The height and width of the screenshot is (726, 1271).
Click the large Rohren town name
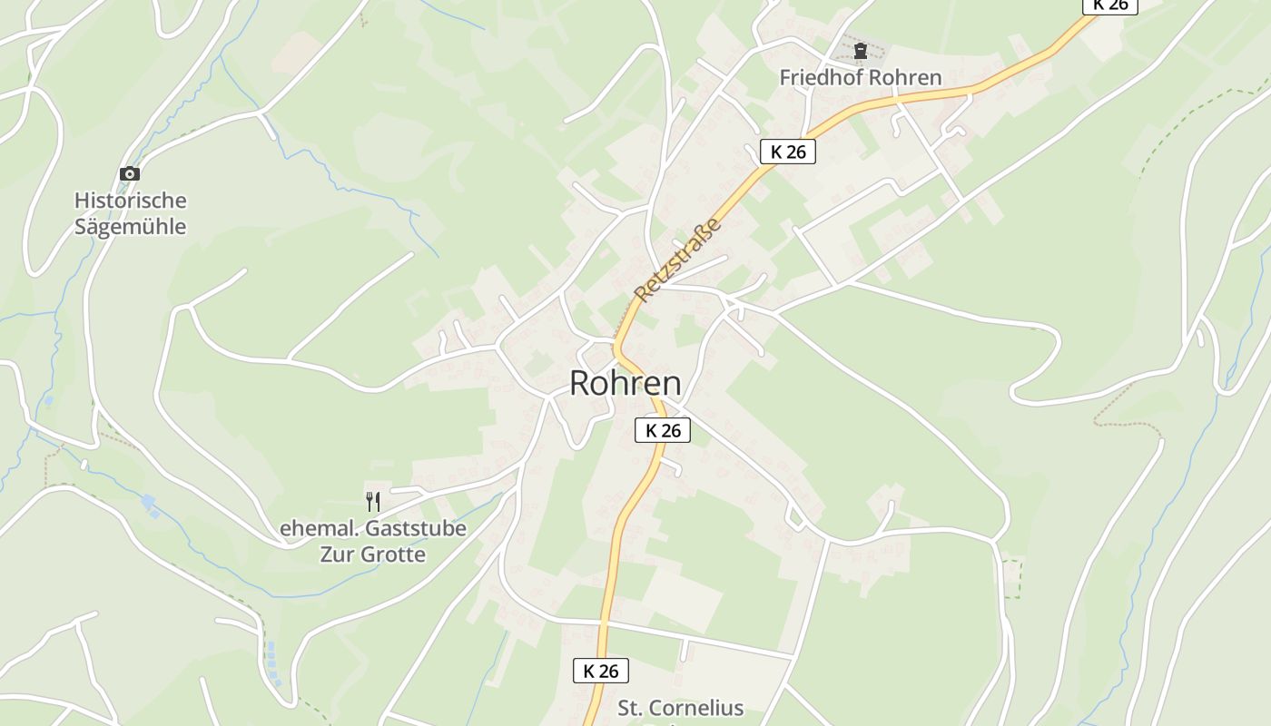[625, 383]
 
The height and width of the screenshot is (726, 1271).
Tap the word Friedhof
[818, 78]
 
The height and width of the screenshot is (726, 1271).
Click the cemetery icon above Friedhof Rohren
[861, 52]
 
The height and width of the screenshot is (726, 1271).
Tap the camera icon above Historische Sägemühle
[130, 173]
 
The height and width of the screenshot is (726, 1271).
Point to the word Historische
[130, 201]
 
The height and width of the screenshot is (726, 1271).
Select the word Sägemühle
[130, 227]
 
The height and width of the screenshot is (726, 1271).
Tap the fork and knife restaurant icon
[372, 502]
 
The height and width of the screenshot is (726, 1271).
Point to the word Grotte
[393, 554]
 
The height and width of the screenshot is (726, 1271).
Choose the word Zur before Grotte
[337, 554]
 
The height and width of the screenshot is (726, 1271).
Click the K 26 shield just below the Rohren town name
[663, 430]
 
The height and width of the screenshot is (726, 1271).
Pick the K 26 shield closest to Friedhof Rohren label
[788, 152]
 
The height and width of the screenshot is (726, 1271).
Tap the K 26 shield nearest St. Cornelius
[601, 671]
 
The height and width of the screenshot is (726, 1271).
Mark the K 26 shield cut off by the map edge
[1109, 5]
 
